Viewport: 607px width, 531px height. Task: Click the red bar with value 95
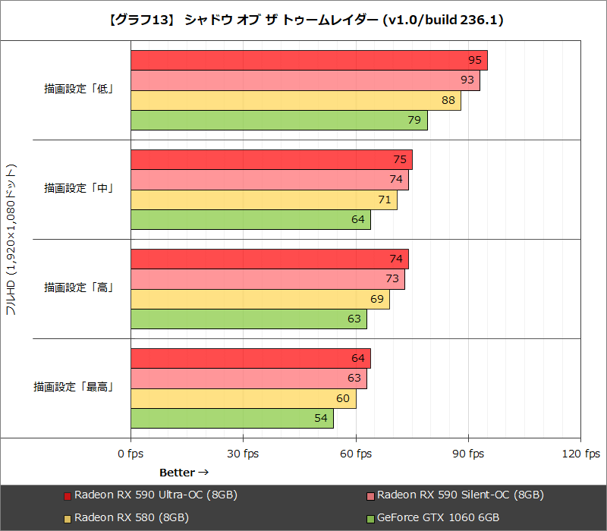click(309, 61)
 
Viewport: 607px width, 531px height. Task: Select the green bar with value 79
click(278, 121)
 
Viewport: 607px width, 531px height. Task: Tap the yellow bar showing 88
click(296, 101)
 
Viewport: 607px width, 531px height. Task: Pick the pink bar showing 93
click(305, 80)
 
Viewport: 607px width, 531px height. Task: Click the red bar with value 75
click(271, 160)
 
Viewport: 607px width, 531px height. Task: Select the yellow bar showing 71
click(263, 200)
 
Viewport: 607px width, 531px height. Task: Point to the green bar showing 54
click(231, 419)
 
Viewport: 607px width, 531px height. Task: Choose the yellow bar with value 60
click(243, 399)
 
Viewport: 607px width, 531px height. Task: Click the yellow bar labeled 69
click(259, 300)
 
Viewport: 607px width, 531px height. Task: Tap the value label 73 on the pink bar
click(392, 279)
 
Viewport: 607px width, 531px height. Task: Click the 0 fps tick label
click(131, 454)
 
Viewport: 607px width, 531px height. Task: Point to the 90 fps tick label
click(468, 454)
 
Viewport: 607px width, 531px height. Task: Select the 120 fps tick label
click(580, 454)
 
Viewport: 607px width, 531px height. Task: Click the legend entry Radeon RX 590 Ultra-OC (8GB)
click(156, 495)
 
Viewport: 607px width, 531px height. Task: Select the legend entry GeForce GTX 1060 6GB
click(438, 517)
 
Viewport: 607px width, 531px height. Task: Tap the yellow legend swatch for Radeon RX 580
click(68, 518)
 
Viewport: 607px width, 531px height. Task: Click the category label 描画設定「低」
click(78, 89)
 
